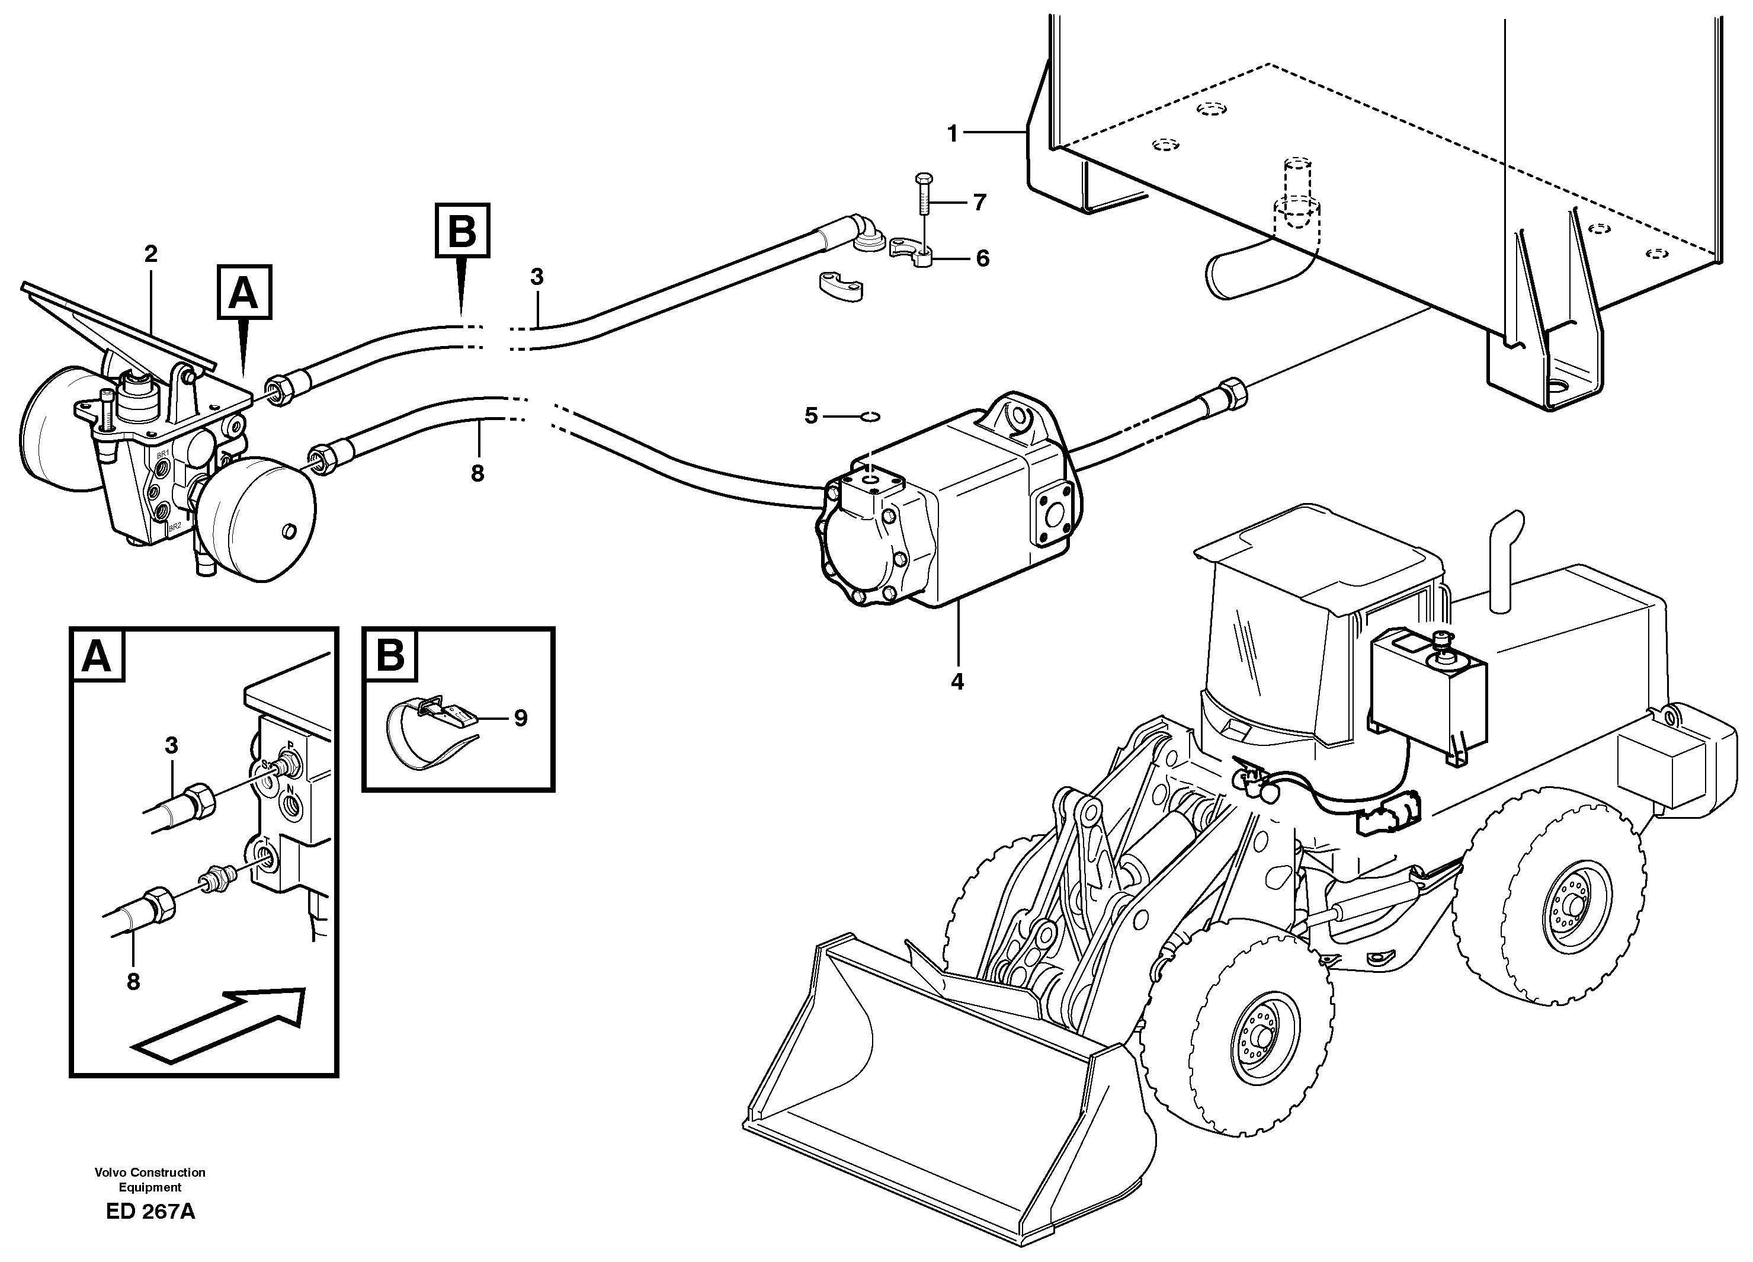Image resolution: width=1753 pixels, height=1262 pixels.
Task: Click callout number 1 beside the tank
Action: click(x=952, y=134)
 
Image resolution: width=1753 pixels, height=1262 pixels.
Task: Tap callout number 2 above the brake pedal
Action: click(x=150, y=254)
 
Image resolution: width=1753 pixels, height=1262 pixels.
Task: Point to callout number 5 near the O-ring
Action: click(x=811, y=416)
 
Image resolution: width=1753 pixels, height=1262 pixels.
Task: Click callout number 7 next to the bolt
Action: click(x=979, y=203)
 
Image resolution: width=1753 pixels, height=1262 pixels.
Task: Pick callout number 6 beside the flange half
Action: click(x=982, y=258)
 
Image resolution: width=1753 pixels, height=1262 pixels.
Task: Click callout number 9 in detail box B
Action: click(x=520, y=718)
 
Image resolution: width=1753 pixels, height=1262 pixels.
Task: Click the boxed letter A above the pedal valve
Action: click(x=244, y=292)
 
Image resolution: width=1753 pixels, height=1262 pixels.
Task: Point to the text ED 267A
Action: click(x=150, y=1212)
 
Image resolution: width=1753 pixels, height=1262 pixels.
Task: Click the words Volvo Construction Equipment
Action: click(x=150, y=1179)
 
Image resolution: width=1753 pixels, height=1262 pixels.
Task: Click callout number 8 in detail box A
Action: click(x=133, y=982)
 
